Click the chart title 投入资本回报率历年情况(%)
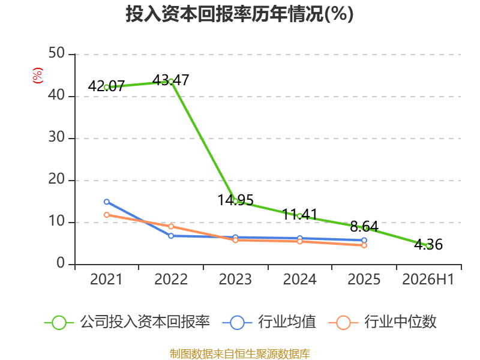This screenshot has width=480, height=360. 239,14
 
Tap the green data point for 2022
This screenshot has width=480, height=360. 171,82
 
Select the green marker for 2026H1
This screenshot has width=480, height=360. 428,246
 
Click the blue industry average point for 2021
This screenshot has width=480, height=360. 107,202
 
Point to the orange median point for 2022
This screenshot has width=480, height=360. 171,227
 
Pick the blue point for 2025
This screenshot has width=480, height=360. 364,241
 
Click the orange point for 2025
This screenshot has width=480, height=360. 364,245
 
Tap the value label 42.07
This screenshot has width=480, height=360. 106,86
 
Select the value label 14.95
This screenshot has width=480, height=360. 235,200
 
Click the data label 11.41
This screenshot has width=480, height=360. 299,214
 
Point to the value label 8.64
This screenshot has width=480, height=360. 364,227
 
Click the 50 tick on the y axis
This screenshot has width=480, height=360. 56,53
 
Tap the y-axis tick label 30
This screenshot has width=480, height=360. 56,137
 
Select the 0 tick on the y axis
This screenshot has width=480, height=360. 61,263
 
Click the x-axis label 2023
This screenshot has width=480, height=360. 235,280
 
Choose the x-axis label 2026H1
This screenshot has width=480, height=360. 428,280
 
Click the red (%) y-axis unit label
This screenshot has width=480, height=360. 38,76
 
